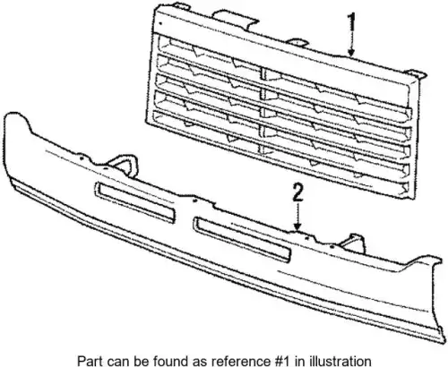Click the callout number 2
click(297, 192)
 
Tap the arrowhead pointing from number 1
click(352, 53)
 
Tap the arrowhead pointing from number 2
click(297, 226)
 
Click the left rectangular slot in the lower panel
click(134, 202)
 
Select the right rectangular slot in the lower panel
click(243, 240)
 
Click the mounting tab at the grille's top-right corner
click(415, 74)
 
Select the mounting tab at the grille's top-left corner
click(182, 6)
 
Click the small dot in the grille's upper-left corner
click(160, 23)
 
